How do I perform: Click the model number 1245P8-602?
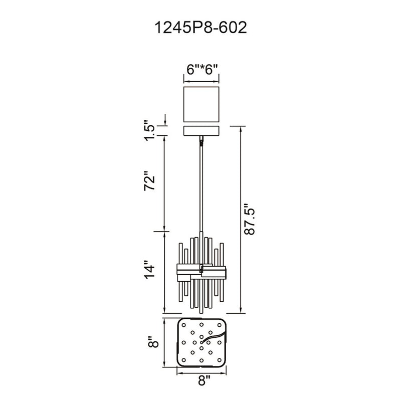[x=201, y=28]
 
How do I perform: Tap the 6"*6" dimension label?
[x=202, y=69]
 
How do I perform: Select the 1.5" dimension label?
[x=149, y=130]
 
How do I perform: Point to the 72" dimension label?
[x=149, y=180]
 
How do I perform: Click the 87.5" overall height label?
[x=249, y=219]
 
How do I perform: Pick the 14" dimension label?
[x=149, y=270]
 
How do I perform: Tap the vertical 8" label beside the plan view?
[x=153, y=342]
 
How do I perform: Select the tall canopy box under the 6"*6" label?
[x=202, y=104]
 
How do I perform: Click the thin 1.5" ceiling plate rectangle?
[x=202, y=131]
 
